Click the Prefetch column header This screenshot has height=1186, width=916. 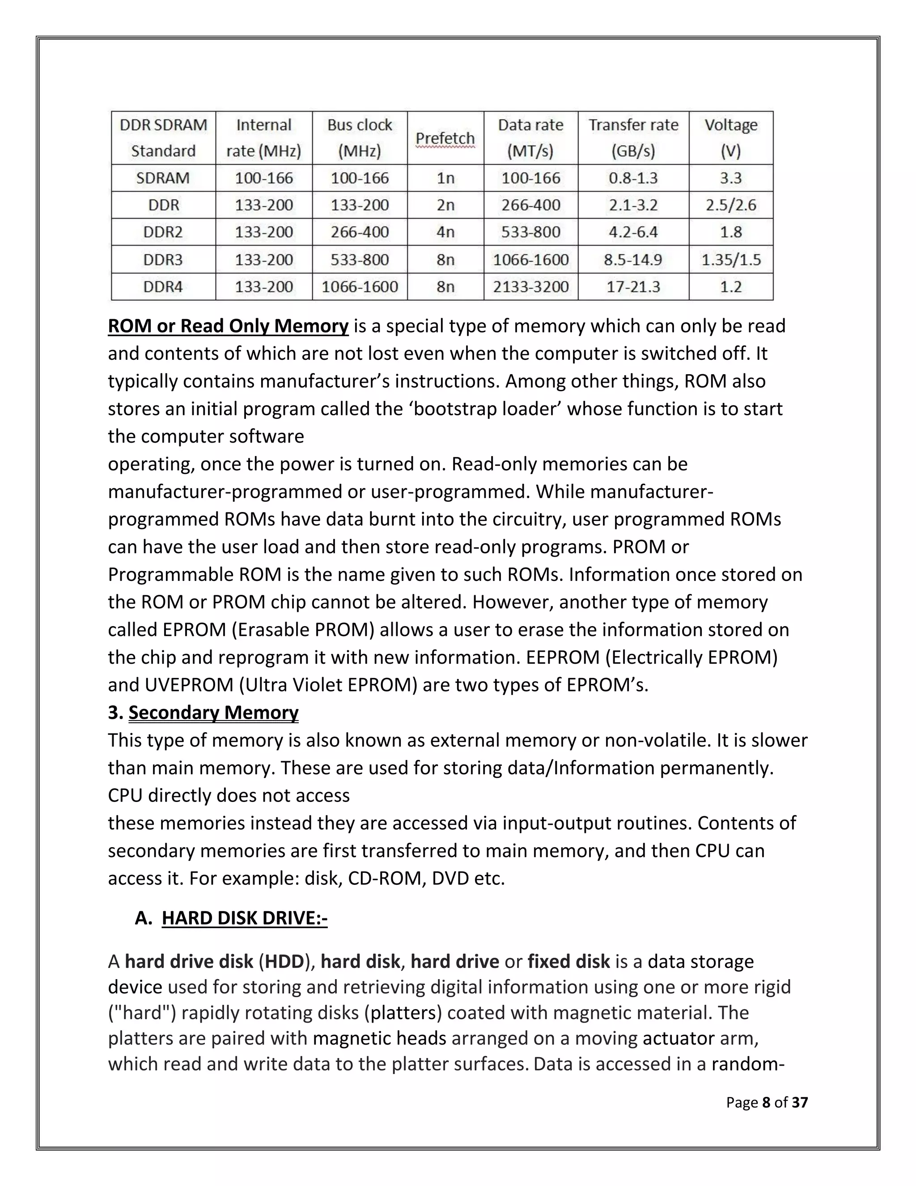click(x=445, y=138)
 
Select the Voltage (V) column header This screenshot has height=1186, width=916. click(x=730, y=138)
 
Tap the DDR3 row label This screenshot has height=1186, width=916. click(x=163, y=260)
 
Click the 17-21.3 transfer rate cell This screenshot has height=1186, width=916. click(x=633, y=287)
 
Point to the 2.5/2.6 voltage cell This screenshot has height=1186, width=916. click(x=730, y=205)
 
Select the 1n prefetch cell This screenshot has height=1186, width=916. click(x=445, y=178)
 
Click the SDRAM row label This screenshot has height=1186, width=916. click(x=163, y=178)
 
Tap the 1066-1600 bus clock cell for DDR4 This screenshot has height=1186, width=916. click(x=359, y=287)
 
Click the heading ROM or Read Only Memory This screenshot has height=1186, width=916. click(x=228, y=326)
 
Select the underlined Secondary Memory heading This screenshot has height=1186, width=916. click(x=213, y=712)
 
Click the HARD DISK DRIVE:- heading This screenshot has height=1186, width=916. click(x=244, y=918)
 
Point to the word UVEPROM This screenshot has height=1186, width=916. click(x=189, y=685)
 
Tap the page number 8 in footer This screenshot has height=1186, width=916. click(x=766, y=1102)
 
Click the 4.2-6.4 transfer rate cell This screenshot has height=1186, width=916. click(x=633, y=232)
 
